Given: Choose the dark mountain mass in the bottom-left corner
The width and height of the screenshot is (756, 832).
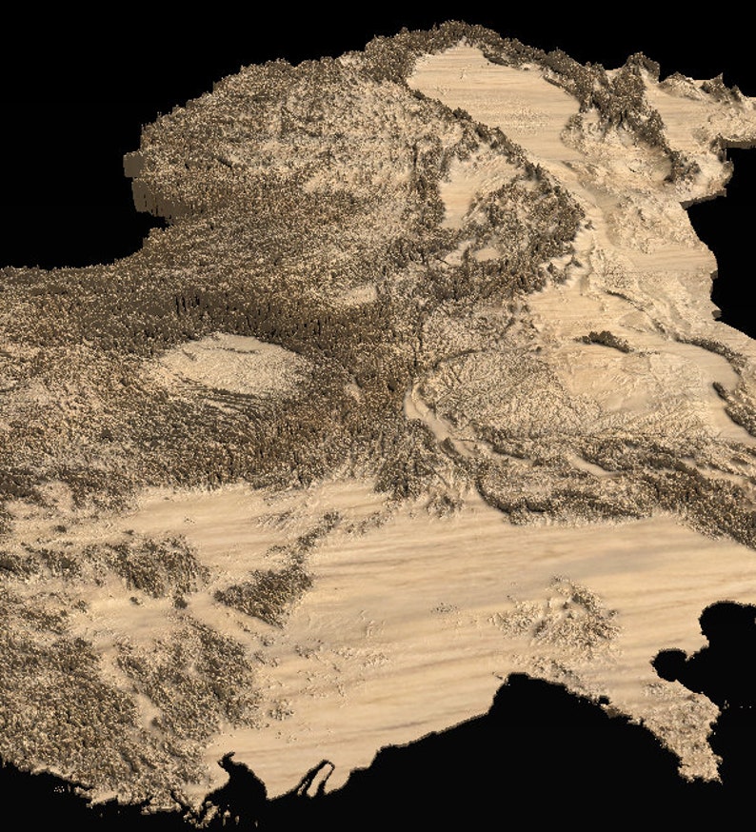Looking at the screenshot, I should (x=57, y=695).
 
